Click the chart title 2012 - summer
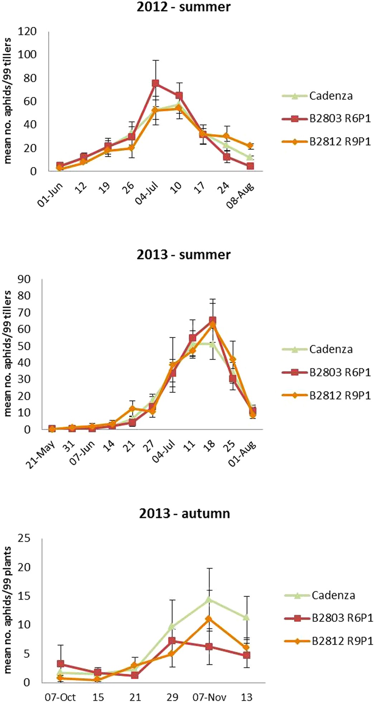click(183, 7)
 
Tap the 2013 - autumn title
click(184, 513)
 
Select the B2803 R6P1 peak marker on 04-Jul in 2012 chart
click(155, 83)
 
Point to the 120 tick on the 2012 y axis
click(28, 32)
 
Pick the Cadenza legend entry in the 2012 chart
click(331, 96)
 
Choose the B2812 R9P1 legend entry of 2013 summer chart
click(340, 395)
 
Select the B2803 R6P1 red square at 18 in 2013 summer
click(212, 320)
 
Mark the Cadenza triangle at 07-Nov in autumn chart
click(209, 599)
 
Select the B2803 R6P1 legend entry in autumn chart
click(342, 618)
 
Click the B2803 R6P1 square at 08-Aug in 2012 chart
click(250, 166)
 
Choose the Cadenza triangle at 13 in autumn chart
click(246, 617)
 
